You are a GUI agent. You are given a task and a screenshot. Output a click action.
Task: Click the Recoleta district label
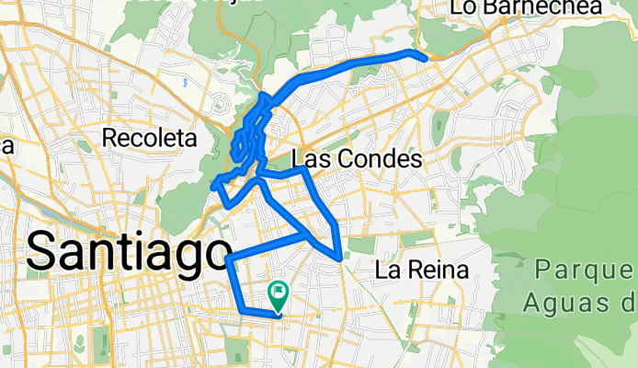(151, 138)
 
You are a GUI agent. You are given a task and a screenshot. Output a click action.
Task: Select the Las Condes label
(356, 160)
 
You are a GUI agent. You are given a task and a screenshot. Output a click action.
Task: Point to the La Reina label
(423, 270)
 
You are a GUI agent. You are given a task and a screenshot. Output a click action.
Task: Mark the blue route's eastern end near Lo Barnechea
(424, 58)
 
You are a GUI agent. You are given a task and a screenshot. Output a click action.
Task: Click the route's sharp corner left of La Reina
(341, 259)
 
